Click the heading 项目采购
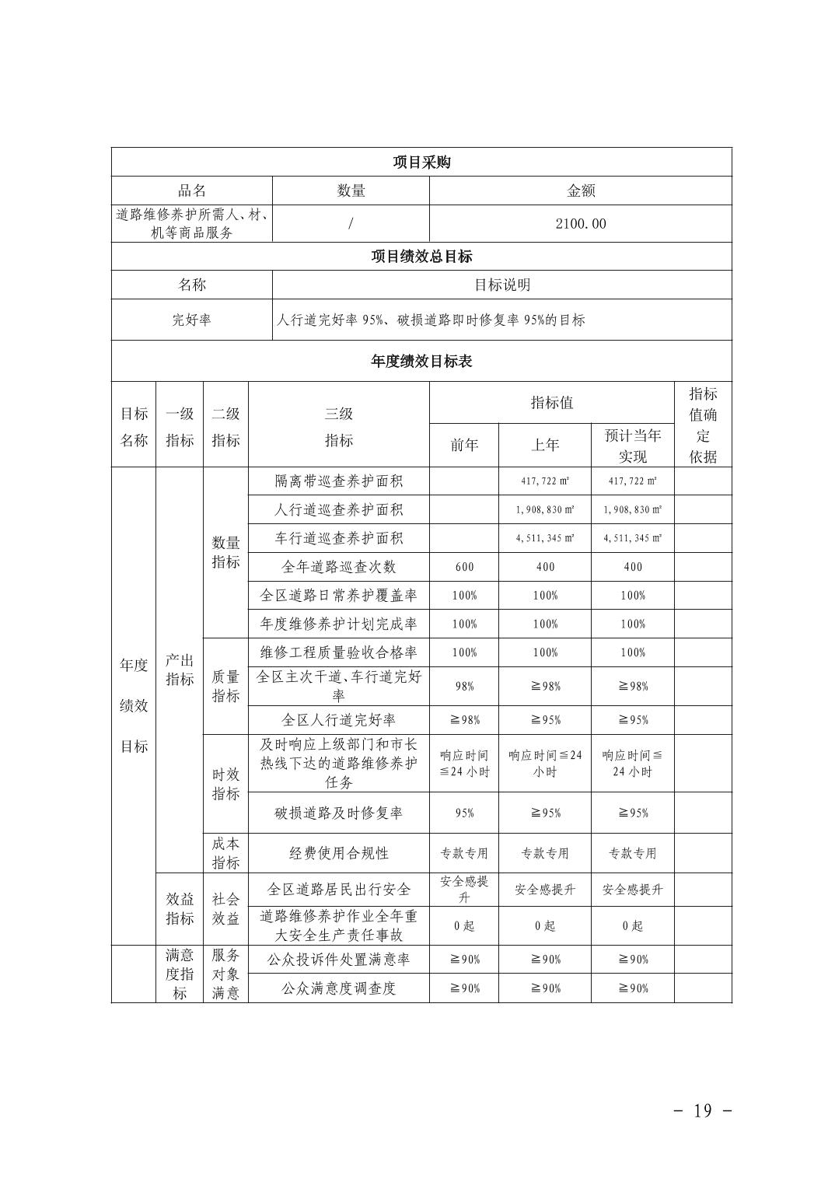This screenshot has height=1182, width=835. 421,163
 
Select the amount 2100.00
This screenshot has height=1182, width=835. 581,224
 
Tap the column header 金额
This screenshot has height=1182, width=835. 581,191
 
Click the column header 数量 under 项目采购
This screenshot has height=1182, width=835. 351,191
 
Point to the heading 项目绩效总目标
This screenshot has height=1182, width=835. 421,257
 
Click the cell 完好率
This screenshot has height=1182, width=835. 191,320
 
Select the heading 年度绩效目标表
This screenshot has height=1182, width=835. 421,362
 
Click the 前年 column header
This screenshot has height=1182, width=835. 464,445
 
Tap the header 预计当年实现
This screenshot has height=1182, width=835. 633,446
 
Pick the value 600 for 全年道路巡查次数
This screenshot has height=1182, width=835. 464,567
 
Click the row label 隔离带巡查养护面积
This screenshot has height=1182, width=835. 339,481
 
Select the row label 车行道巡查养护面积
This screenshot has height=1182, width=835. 339,538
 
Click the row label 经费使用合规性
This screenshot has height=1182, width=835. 339,853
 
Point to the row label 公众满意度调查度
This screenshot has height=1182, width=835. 339,988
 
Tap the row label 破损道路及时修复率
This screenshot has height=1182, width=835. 339,813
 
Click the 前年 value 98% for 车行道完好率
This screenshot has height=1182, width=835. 464,687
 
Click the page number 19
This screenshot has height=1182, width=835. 702,1110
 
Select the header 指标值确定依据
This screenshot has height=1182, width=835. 703,425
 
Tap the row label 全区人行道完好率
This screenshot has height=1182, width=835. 339,720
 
